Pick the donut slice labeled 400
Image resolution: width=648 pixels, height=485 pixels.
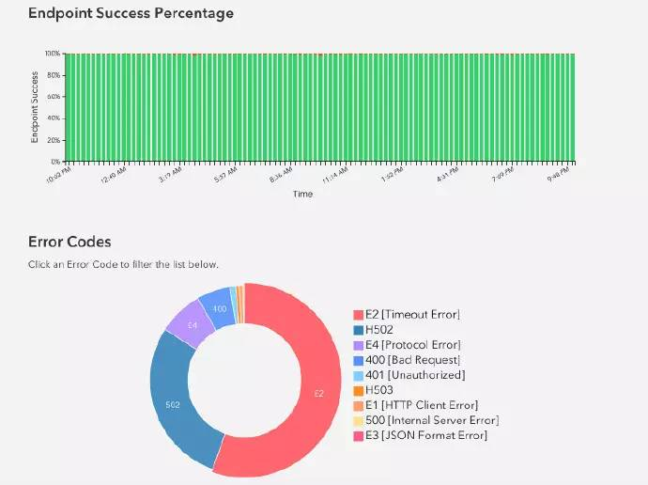pos(219,308)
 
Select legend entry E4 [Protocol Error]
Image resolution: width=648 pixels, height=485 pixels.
pos(412,344)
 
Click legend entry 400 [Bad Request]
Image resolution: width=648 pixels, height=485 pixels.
pos(412,359)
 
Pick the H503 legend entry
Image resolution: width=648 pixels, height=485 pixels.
pos(378,389)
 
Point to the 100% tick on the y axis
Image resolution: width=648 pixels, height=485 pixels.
pos(53,54)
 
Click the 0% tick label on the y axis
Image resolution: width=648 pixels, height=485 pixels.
pos(55,162)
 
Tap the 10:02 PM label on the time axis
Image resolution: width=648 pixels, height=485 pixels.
pos(58,175)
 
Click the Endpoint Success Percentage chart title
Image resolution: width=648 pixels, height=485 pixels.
pos(131,14)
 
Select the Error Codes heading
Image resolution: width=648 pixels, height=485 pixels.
pos(69,242)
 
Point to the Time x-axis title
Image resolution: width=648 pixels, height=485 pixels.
pos(302,194)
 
